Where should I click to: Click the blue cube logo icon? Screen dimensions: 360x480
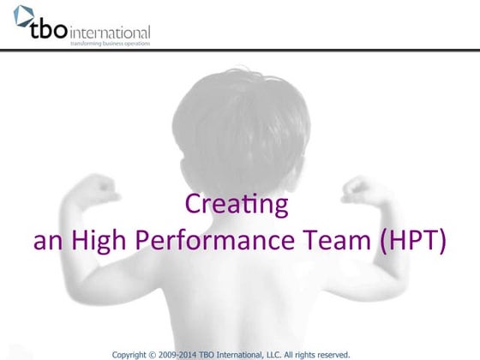pyautogui.click(x=22, y=16)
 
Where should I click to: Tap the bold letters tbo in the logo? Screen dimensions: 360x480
pyautogui.click(x=47, y=32)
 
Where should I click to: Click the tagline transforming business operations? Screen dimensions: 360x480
pyautogui.click(x=111, y=44)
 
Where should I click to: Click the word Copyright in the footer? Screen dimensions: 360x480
pyautogui.click(x=133, y=352)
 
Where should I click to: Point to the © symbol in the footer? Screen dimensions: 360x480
pyautogui.click(x=159, y=352)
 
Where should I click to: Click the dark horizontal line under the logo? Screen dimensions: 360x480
pyautogui.click(x=240, y=51)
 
